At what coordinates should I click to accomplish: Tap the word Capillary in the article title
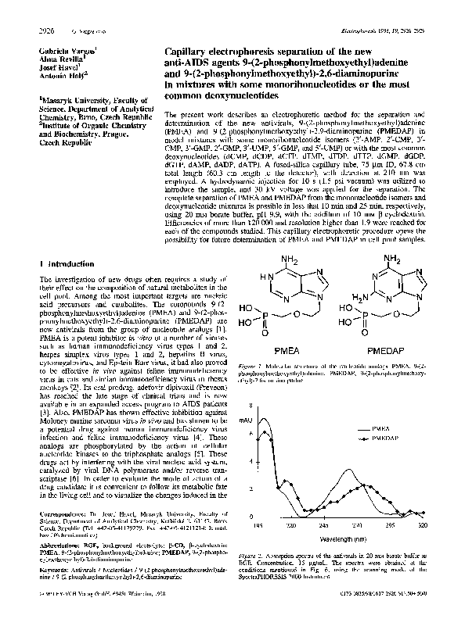(191, 48)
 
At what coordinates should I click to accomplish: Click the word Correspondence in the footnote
(61, 514)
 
